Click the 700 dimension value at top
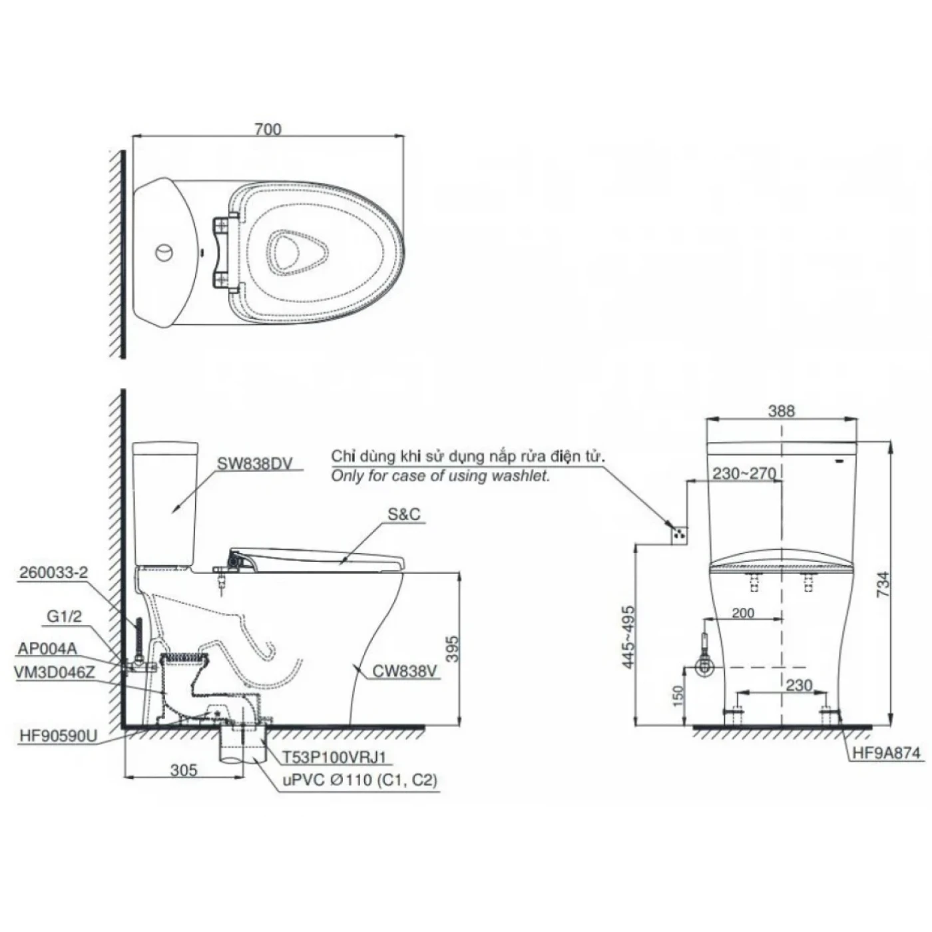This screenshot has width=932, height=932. click(268, 129)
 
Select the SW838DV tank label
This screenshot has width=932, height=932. click(255, 464)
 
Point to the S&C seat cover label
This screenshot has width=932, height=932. click(404, 515)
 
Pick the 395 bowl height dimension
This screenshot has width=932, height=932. click(451, 650)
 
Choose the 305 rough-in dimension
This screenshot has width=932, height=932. click(184, 770)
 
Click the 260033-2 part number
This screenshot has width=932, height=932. click(54, 573)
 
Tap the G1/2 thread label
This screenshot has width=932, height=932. click(65, 616)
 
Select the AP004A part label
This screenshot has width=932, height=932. click(48, 648)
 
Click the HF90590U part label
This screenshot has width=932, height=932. click(59, 736)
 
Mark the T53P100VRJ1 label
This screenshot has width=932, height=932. click(334, 757)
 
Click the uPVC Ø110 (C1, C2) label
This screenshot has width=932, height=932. click(357, 780)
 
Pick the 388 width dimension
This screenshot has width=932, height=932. click(781, 411)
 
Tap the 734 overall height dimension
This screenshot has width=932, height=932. click(883, 584)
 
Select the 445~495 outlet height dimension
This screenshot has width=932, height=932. click(627, 636)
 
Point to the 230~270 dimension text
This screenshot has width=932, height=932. click(744, 473)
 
